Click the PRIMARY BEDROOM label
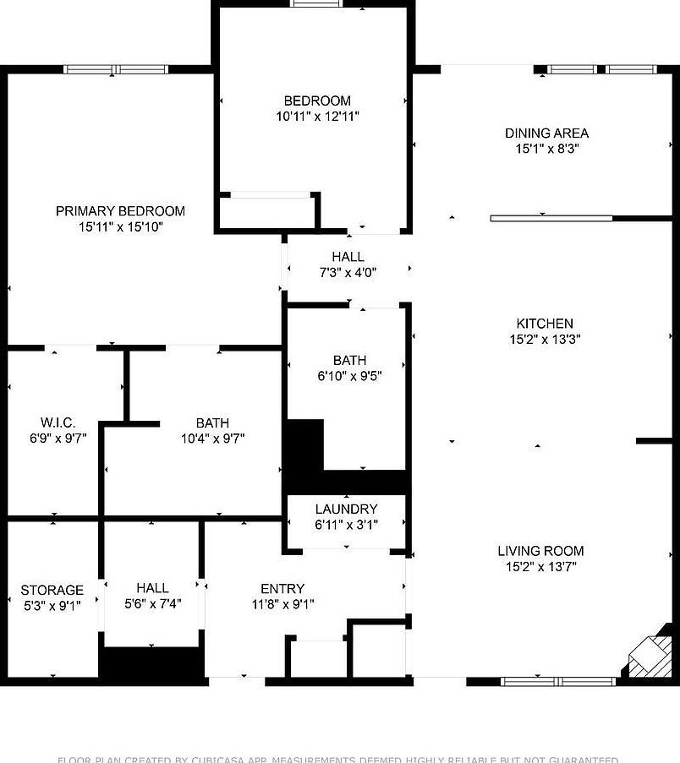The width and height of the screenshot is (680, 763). (120, 211)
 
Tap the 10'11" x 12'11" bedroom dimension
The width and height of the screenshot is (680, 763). (317, 117)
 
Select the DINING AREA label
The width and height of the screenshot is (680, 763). (546, 134)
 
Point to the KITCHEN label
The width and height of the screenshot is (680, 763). (545, 324)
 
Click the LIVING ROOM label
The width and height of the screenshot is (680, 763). (540, 551)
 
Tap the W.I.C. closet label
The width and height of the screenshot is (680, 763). (58, 422)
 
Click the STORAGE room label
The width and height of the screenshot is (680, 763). (52, 590)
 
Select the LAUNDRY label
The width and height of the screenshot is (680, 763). (346, 510)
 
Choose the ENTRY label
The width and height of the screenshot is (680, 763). (282, 589)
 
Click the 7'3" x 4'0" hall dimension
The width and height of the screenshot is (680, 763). (348, 272)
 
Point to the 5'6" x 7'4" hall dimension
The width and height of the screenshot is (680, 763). (152, 603)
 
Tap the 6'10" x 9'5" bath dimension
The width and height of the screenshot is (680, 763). (349, 377)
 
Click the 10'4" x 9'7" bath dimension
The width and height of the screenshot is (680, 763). (212, 439)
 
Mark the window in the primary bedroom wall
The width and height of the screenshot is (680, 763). (117, 69)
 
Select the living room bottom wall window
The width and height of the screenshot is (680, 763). (559, 680)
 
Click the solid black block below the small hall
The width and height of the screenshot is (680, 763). (152, 662)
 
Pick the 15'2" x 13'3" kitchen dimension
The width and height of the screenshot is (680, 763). (545, 339)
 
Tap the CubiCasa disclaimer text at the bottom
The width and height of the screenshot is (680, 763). (338, 759)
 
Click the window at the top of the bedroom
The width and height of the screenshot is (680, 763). (316, 3)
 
